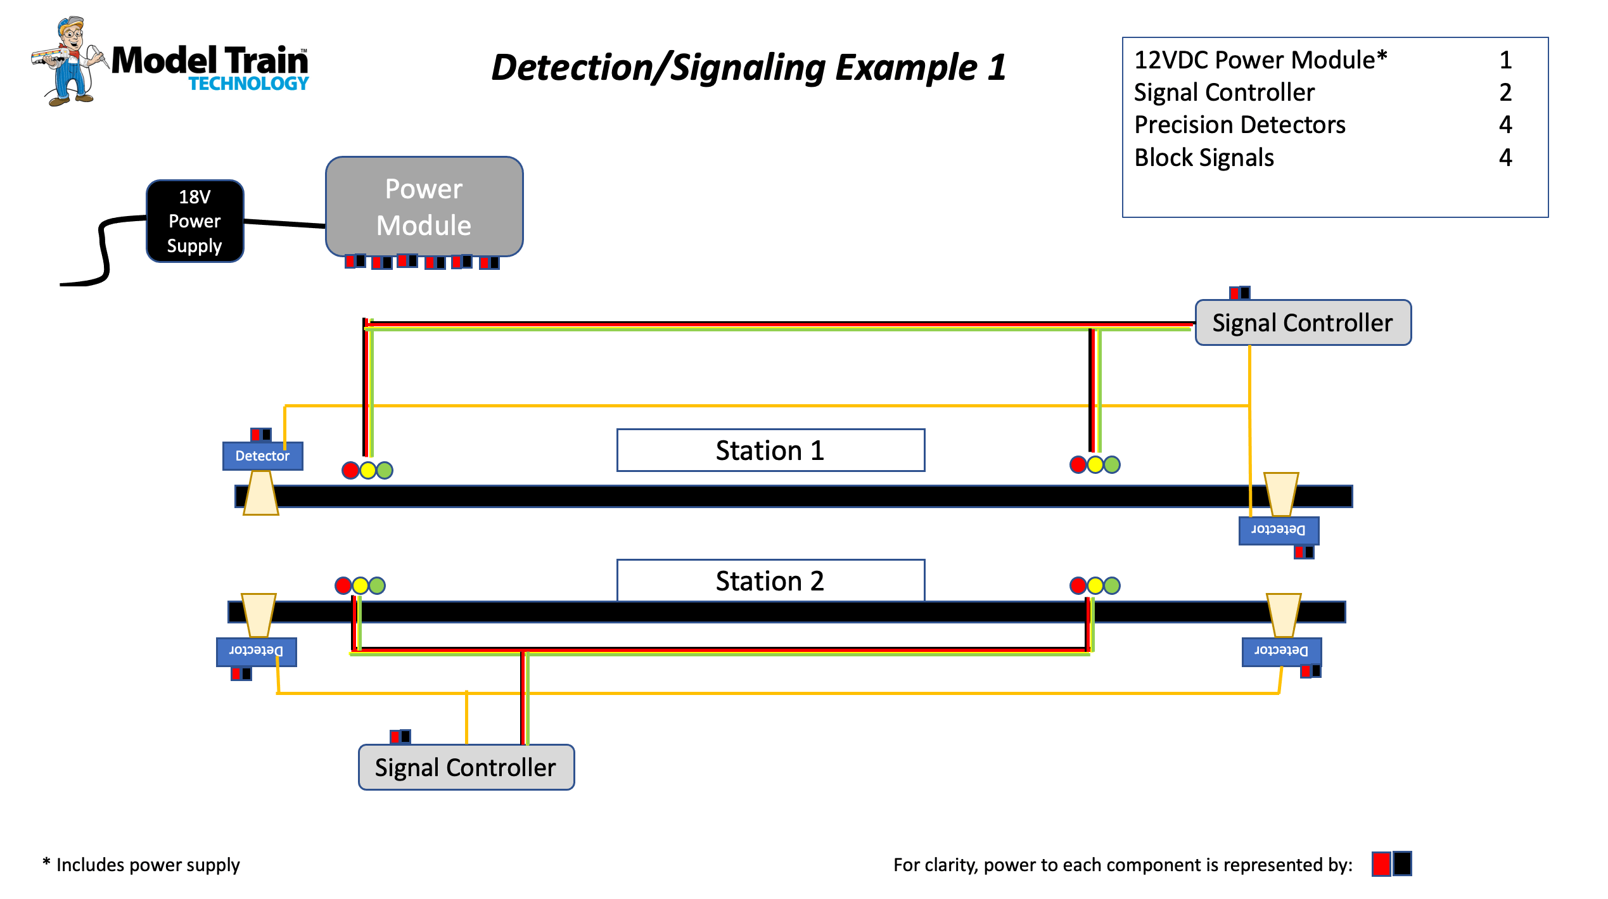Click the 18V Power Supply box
195,221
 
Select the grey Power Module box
424,207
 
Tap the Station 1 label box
770,450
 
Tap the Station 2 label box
770,580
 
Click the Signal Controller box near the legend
1303,323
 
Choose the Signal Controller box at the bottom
466,767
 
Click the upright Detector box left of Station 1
262,456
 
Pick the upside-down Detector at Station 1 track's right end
1279,530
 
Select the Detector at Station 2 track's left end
256,651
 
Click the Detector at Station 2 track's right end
1281,651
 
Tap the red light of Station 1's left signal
350,470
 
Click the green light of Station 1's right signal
1112,465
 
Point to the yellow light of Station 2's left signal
361,585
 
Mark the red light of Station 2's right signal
1078,585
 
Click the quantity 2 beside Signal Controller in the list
1505,92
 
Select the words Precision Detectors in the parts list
1239,125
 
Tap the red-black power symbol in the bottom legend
1391,864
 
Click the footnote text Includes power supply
147,865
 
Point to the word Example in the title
906,67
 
